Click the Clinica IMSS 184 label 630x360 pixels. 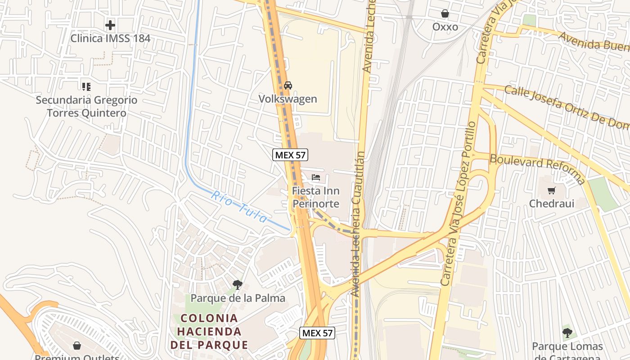[x=110, y=38]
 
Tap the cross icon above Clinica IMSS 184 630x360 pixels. [x=110, y=25]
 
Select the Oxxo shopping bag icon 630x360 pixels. [x=445, y=14]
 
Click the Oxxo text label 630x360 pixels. [x=445, y=27]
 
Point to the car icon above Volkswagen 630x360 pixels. [x=288, y=85]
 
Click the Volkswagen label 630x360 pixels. [x=288, y=99]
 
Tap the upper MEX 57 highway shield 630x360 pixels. [x=290, y=155]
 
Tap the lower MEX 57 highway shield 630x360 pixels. [x=317, y=333]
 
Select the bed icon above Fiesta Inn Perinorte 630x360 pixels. [x=316, y=177]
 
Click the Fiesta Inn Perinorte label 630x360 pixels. [x=316, y=197]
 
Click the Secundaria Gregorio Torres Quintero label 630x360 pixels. [x=87, y=106]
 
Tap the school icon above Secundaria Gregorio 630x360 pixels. [x=86, y=86]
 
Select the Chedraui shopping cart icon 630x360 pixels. [x=552, y=190]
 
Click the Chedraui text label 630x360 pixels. [x=552, y=203]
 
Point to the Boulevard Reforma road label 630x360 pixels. [x=538, y=169]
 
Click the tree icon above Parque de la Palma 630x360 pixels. [x=238, y=284]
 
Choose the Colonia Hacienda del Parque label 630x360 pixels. [x=209, y=332]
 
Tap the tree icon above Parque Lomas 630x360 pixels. [x=567, y=333]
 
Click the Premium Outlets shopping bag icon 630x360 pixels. [x=77, y=346]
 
